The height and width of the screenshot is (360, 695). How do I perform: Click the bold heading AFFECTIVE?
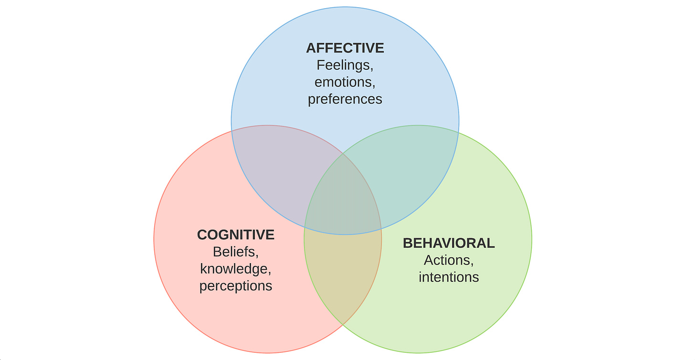coord(345,48)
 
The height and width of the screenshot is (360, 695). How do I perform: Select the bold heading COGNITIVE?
coord(236,234)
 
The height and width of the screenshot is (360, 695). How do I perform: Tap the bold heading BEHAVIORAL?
coord(449,243)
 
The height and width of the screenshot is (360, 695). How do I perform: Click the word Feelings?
coord(345,65)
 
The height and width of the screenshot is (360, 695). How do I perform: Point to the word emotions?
coord(345,82)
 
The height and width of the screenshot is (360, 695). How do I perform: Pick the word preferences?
coord(345,99)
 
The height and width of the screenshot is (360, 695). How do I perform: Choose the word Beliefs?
coord(236,252)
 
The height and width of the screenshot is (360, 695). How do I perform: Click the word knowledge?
coord(236,269)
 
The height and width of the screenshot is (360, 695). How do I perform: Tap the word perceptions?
coord(236,286)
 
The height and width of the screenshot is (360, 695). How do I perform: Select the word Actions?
coord(449,260)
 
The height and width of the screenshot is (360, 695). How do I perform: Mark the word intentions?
coord(449,277)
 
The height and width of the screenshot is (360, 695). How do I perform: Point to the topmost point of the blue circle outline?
coord(345,7)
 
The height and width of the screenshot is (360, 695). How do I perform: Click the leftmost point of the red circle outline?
coord(154,239)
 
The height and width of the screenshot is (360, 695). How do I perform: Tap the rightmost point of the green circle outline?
coord(532,239)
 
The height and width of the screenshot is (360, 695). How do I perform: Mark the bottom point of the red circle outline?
coord(268,353)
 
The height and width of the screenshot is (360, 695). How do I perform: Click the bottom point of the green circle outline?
coord(418,353)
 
